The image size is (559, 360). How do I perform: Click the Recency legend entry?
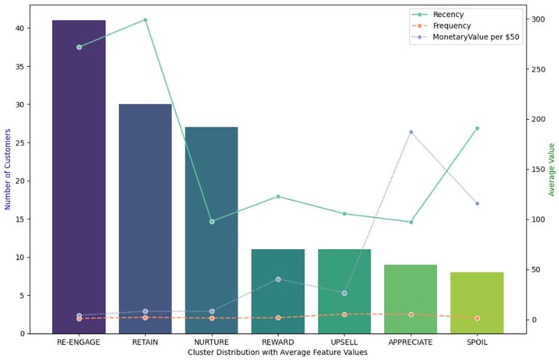point(448,14)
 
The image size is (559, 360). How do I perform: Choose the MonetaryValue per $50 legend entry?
point(476,38)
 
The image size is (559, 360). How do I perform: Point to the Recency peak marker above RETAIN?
point(145,20)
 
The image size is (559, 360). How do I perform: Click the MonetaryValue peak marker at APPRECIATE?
point(410,132)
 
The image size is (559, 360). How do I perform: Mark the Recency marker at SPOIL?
point(477,128)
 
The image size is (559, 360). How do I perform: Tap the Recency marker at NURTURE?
point(211,222)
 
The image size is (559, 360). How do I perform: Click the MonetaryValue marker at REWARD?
point(277,279)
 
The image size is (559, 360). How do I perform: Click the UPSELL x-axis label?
point(344,342)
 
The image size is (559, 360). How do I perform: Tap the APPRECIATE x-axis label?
point(410,342)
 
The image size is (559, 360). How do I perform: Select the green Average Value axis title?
point(552,170)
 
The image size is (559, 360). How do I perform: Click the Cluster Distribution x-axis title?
point(277,352)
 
